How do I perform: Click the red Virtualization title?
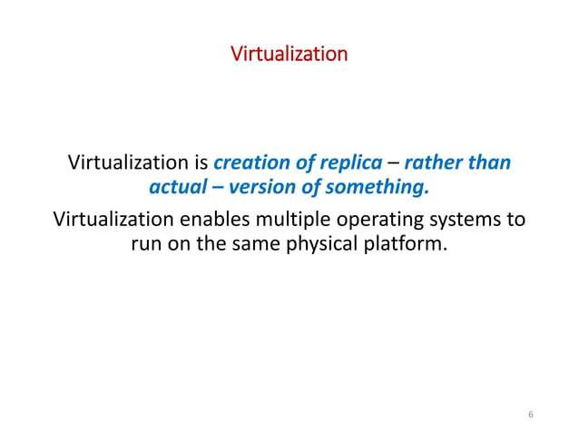(x=289, y=54)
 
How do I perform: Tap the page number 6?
(x=530, y=414)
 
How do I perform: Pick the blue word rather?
(x=434, y=164)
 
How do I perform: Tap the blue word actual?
(x=175, y=189)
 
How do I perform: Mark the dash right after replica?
(x=392, y=164)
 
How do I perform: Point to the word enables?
(x=221, y=221)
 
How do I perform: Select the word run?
(x=148, y=245)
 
